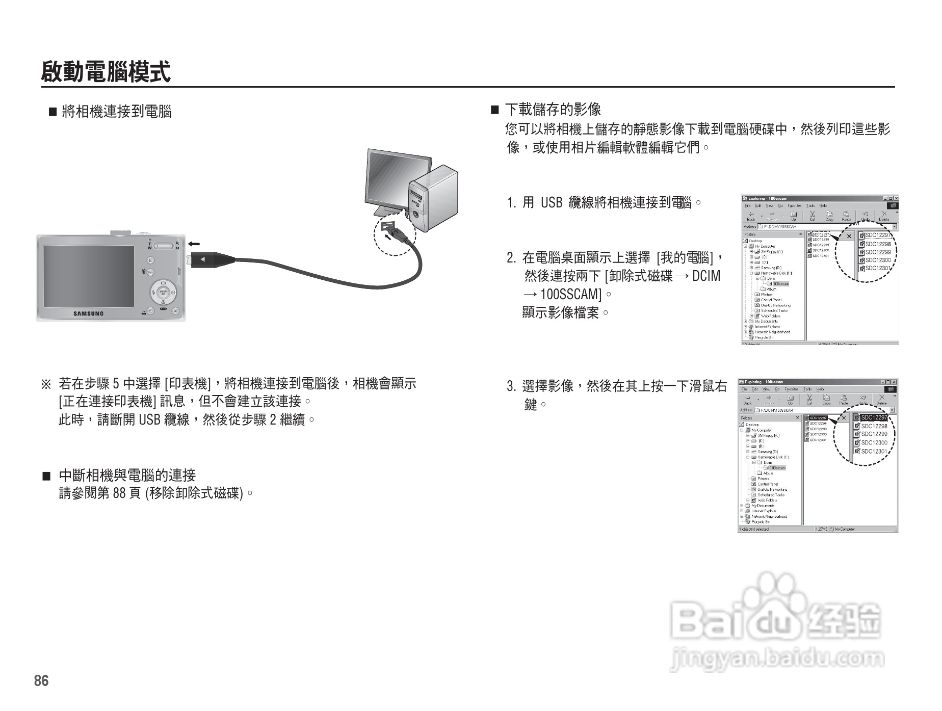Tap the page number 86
(x=41, y=681)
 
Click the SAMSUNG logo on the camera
(x=88, y=313)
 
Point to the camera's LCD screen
(x=89, y=276)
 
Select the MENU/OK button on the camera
(x=163, y=293)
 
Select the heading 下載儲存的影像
(x=553, y=109)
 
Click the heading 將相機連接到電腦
(x=116, y=111)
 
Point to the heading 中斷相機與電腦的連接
(x=127, y=476)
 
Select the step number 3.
(x=511, y=386)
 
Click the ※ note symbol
(x=46, y=383)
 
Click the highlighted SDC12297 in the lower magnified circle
(x=873, y=418)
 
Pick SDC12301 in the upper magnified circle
(x=877, y=268)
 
